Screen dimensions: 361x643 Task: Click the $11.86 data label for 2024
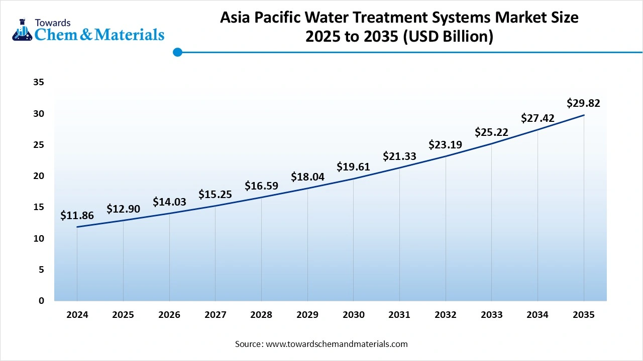click(x=77, y=216)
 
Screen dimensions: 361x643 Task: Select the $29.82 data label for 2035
click(x=583, y=103)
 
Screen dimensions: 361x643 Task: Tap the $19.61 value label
click(x=353, y=167)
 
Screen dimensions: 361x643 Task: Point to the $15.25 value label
click(x=215, y=195)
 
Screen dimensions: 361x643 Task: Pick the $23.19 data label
click(x=445, y=145)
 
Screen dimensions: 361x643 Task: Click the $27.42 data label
click(x=538, y=118)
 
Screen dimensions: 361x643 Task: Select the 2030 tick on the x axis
click(x=353, y=315)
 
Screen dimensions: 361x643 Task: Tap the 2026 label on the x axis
click(x=169, y=315)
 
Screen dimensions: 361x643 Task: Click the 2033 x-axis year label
click(x=491, y=315)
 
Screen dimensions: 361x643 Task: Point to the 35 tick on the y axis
click(x=39, y=82)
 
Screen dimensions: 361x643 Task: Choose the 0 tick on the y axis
click(x=41, y=300)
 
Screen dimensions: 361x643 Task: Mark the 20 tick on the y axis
click(x=39, y=176)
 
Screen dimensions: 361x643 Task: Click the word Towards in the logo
click(x=52, y=23)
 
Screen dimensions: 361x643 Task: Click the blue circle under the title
click(x=177, y=52)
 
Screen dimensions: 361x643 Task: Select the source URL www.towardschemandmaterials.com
click(x=337, y=344)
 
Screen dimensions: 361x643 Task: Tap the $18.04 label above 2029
click(x=307, y=176)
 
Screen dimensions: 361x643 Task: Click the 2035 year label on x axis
click(x=583, y=315)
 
